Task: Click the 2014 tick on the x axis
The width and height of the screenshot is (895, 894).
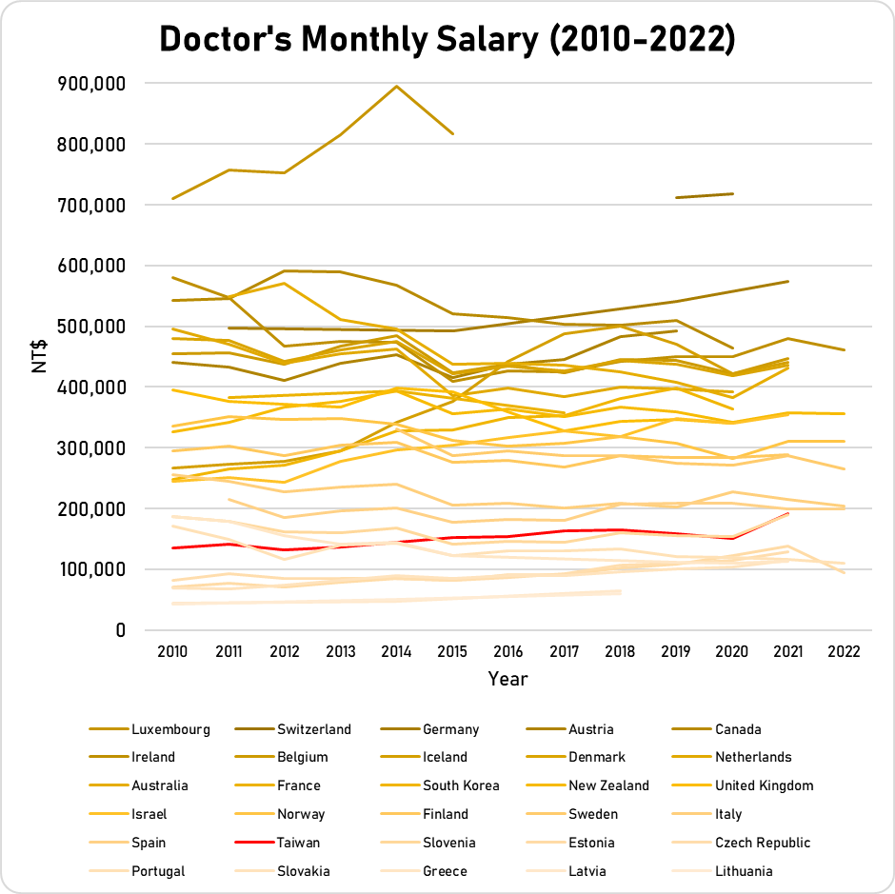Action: click(x=396, y=652)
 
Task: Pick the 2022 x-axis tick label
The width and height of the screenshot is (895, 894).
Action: click(x=845, y=652)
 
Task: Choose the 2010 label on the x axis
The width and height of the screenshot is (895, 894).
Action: click(x=172, y=652)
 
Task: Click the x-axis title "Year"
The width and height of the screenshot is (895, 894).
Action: click(x=507, y=679)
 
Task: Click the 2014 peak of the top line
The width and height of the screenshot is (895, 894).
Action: click(x=396, y=87)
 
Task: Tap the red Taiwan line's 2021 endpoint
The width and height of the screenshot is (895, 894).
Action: click(x=787, y=513)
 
